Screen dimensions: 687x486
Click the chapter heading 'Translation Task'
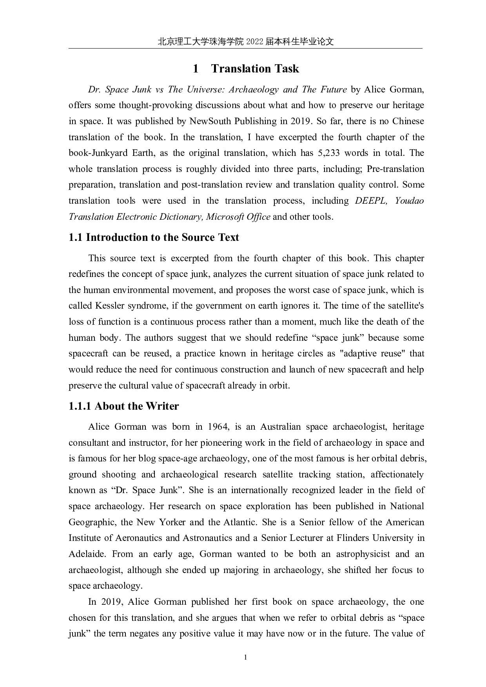pos(255,69)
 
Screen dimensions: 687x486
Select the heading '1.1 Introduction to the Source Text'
pos(154,237)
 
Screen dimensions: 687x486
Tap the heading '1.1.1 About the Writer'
pos(123,406)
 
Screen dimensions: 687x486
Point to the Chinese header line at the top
pos(245,42)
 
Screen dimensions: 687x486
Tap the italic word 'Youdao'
pos(409,201)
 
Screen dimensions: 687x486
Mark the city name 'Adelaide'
pos(87,554)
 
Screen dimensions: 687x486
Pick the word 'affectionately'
pos(397,474)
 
